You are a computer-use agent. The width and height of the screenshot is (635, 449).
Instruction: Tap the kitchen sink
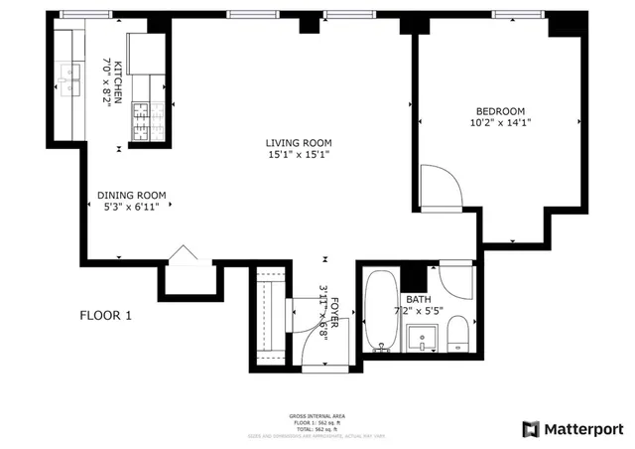[x=69, y=75]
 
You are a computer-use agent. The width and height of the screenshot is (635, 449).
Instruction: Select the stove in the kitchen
[x=141, y=119]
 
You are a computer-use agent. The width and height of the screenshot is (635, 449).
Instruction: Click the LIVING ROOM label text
[x=298, y=142]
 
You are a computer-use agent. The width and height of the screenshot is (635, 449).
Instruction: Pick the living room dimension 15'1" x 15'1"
[x=298, y=154]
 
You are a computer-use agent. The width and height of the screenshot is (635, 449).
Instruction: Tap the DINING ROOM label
[x=131, y=195]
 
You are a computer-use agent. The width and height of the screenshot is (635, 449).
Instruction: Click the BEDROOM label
[x=500, y=111]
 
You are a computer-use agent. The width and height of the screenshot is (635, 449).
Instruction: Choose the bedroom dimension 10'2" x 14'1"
[x=500, y=123]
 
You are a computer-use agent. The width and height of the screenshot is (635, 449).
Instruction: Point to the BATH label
[x=417, y=299]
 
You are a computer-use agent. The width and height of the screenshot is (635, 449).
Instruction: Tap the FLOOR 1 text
[x=105, y=316]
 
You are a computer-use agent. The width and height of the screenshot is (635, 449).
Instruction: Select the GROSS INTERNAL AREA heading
[x=318, y=416]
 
